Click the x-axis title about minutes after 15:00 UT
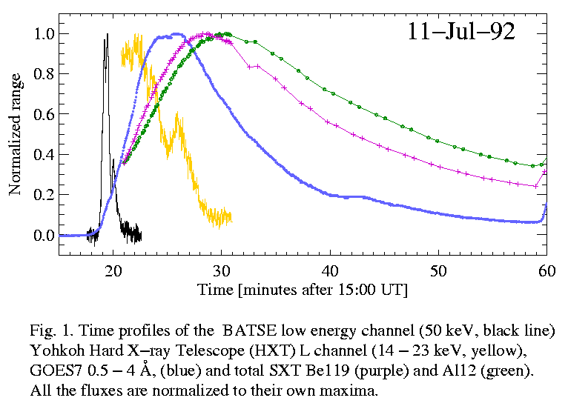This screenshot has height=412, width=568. pyautogui.click(x=303, y=289)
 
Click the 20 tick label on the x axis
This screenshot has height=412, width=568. pyautogui.click(x=113, y=270)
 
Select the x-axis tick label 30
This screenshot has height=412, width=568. pyautogui.click(x=221, y=270)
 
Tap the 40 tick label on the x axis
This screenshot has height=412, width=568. pyautogui.click(x=329, y=270)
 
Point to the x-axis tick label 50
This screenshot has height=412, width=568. pyautogui.click(x=438, y=270)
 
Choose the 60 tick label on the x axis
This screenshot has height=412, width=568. pyautogui.click(x=546, y=270)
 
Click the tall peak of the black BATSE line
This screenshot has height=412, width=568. pyautogui.click(x=107, y=34)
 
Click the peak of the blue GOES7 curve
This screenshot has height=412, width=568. pyautogui.click(x=177, y=33)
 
